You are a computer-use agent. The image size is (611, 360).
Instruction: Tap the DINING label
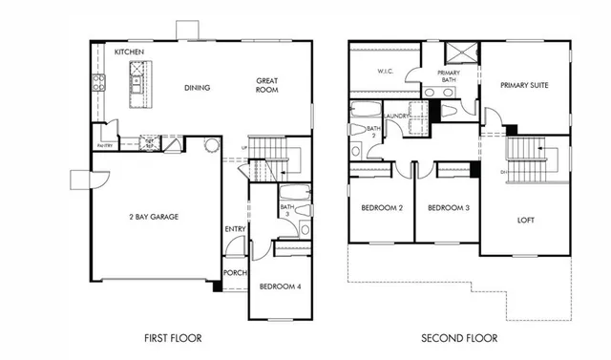point(198,88)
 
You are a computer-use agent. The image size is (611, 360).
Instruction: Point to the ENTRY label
point(235,229)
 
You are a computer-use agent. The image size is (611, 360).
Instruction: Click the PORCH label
point(235,271)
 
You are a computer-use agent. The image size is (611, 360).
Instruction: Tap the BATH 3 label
point(286,210)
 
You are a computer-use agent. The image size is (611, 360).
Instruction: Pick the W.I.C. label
point(386,71)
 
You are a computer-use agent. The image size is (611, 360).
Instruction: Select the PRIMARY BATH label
point(449,76)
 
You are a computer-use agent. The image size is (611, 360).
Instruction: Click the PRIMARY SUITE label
point(525,84)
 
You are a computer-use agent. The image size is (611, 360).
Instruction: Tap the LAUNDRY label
point(396,116)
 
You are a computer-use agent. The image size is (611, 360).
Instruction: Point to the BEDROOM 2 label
point(381,209)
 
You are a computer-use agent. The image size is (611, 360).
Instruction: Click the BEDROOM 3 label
point(447,209)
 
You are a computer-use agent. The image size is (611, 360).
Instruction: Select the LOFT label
point(524,218)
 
